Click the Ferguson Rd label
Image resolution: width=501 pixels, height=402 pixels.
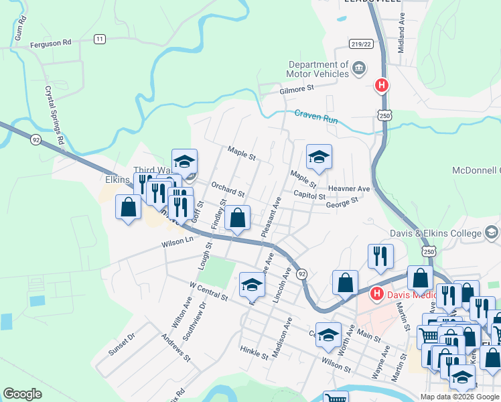point(50,44)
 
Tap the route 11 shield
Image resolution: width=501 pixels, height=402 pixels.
point(99,39)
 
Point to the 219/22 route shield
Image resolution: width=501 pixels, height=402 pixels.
point(360,44)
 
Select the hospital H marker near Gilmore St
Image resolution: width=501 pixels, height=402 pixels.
point(381,86)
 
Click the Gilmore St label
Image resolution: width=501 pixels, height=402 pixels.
point(296,88)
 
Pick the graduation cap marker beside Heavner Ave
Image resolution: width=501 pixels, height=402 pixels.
point(319,157)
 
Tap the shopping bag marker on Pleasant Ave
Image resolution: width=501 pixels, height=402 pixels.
point(237,218)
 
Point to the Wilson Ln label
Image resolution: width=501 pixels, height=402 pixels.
point(177,243)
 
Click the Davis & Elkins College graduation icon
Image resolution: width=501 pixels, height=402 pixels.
point(492,232)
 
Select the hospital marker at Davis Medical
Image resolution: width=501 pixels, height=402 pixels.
point(377,293)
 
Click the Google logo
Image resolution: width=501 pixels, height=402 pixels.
point(22,394)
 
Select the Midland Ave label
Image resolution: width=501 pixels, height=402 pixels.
point(402,36)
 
